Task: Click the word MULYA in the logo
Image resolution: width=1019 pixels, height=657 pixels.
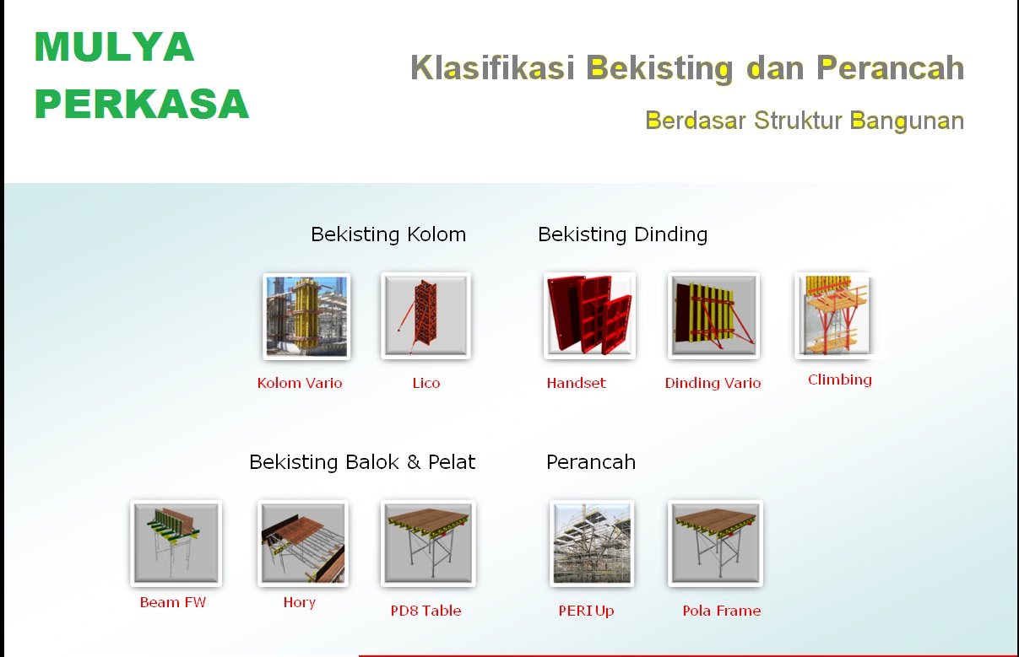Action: click(114, 46)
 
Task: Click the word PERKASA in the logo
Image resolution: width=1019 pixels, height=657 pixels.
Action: click(142, 104)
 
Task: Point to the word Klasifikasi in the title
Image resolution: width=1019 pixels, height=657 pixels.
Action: click(492, 67)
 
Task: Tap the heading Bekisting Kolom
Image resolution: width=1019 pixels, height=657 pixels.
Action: click(388, 234)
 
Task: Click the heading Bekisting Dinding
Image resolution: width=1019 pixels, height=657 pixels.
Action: click(623, 234)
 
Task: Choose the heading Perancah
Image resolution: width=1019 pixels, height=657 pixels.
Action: click(591, 462)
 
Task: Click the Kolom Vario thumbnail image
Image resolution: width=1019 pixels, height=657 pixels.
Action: click(306, 316)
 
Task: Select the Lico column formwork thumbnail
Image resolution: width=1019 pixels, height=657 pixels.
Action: click(425, 315)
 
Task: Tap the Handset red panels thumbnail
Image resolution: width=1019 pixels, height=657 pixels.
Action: click(589, 315)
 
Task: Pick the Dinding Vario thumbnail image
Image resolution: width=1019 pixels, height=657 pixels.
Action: click(713, 315)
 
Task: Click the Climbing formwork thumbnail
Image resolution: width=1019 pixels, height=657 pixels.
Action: click(834, 315)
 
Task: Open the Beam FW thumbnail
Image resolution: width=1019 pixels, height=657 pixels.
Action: click(176, 543)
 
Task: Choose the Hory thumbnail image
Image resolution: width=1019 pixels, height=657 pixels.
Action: click(303, 543)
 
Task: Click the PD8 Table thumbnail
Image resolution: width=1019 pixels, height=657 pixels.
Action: click(428, 543)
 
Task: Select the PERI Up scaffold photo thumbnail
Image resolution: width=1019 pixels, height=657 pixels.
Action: click(592, 543)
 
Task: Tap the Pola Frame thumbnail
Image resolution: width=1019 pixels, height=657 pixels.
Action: click(715, 543)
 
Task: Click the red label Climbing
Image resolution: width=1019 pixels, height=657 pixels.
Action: click(840, 380)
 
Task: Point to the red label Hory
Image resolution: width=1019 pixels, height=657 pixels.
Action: click(300, 602)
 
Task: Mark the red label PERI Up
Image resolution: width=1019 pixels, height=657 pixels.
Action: click(587, 611)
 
